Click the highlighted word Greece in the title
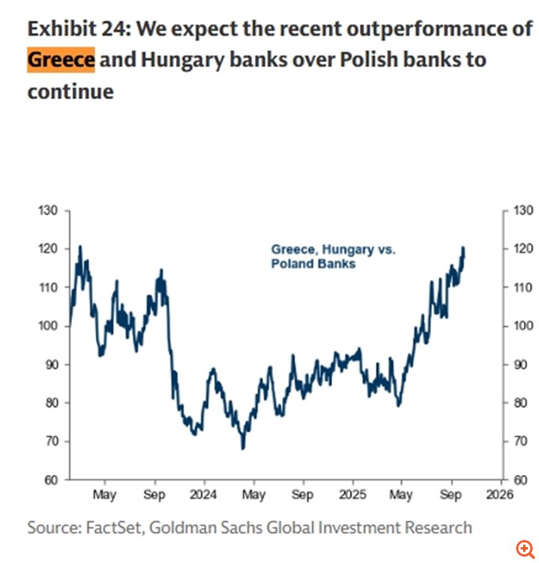(61, 60)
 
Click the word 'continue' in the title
(71, 91)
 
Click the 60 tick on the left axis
(50, 480)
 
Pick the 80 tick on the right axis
(518, 403)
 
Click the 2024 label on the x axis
(203, 495)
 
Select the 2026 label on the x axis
(501, 495)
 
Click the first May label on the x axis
(104, 495)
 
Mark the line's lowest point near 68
(243, 448)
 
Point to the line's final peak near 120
(463, 248)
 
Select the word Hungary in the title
(171, 60)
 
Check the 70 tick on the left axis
(50, 442)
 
